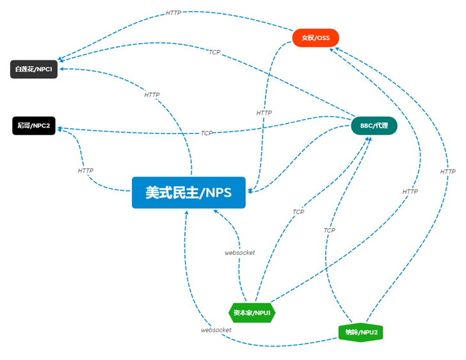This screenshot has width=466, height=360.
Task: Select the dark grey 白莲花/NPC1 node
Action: click(34, 69)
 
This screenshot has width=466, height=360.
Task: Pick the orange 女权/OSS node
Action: click(316, 38)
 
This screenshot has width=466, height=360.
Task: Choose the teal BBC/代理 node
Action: click(374, 126)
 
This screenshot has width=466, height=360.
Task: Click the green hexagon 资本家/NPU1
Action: click(252, 313)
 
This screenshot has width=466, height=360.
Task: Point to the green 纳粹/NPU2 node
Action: click(361, 333)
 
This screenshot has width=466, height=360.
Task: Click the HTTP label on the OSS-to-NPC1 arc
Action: click(173, 13)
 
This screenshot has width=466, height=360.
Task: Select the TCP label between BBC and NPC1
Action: click(214, 53)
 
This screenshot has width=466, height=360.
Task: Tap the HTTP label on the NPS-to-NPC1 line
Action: click(152, 95)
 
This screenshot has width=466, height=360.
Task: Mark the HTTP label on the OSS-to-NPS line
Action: click(264, 113)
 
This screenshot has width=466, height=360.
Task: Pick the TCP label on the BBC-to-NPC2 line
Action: click(206, 133)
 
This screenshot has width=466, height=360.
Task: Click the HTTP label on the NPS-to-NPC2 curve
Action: click(85, 171)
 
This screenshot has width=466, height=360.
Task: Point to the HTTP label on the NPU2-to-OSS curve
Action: click(447, 172)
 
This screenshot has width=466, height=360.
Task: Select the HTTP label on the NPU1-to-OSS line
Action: click(410, 192)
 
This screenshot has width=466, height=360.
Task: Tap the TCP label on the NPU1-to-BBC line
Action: click(298, 212)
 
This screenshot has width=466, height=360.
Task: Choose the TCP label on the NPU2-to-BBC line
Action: click(329, 230)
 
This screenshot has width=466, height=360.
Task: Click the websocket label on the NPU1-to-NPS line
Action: click(239, 252)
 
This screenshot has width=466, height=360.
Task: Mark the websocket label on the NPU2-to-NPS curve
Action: click(216, 330)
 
